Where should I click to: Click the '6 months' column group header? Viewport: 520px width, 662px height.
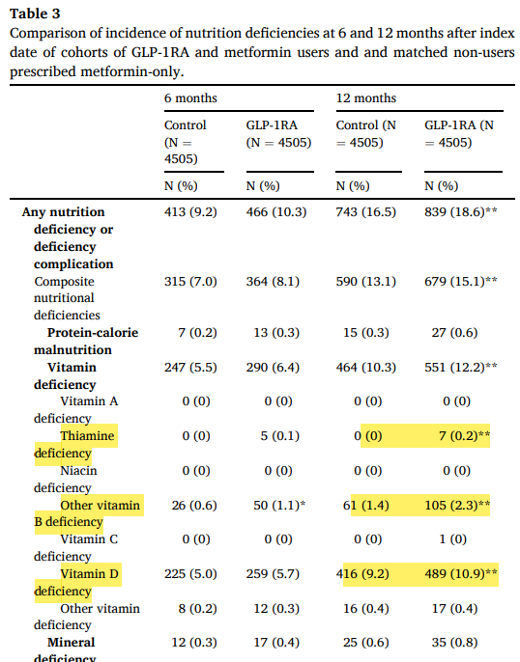click(190, 98)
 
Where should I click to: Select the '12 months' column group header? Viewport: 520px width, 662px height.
click(366, 98)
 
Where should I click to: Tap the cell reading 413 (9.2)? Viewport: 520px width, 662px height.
click(192, 212)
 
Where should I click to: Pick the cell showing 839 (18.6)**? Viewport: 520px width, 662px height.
click(461, 212)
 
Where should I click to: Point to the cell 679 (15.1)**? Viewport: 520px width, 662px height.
click(461, 282)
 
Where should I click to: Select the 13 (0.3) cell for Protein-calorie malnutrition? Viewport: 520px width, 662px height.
click(270, 333)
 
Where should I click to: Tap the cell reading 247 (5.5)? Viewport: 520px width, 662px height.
click(192, 368)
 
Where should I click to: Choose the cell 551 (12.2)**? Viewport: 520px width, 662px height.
click(461, 368)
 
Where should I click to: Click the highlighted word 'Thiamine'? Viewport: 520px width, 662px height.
click(87, 436)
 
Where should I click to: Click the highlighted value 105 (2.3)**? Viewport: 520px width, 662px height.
click(461, 506)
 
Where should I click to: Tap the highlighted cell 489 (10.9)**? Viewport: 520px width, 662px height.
click(461, 574)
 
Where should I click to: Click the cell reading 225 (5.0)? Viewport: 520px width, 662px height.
click(192, 574)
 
